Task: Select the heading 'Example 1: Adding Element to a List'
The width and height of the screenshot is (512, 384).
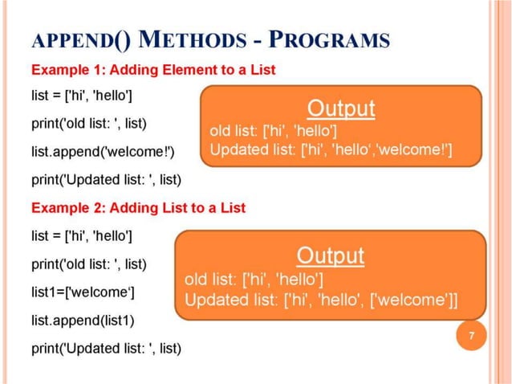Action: point(152,70)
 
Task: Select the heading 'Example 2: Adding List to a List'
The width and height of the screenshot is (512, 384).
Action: point(138,207)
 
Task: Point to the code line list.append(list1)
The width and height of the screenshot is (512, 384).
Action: point(83,320)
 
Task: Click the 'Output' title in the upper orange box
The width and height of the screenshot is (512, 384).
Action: point(341,108)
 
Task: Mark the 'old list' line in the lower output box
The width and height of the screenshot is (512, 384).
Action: point(254,280)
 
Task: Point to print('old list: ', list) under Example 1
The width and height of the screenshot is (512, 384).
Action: point(88,125)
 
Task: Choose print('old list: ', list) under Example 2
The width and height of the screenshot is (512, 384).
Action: point(88,263)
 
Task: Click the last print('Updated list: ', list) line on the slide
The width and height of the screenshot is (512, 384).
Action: point(106,348)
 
